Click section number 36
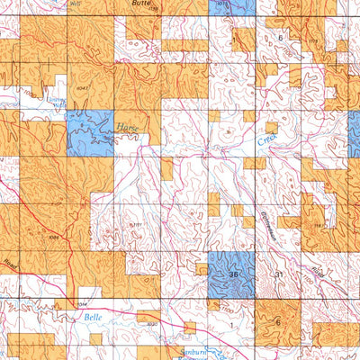click(x=235, y=274)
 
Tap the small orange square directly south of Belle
click(x=189, y=327)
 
